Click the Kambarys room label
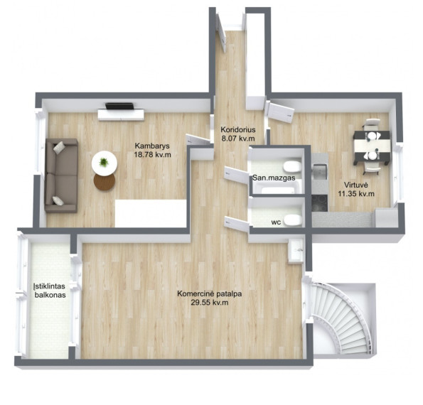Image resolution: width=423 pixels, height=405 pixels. point(152,146)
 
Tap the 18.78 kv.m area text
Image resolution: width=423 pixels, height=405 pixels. point(152,155)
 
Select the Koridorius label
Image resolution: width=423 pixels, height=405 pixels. point(238,130)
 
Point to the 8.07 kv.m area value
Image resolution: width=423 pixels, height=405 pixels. point(238,139)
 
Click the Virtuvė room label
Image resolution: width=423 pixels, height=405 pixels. point(356,185)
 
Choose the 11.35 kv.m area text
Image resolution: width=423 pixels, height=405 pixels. point(356,193)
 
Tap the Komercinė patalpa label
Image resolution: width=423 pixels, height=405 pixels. point(209,293)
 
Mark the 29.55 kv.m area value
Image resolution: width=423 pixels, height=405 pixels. point(210,303)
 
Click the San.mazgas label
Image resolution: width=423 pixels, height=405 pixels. point(274,178)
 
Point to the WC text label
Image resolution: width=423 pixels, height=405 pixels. point(277,222)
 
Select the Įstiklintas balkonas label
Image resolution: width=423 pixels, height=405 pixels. point(50,291)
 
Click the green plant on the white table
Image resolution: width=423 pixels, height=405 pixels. point(104,162)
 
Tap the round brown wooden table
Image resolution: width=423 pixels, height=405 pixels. point(105,181)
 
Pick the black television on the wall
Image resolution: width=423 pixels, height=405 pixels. point(119,106)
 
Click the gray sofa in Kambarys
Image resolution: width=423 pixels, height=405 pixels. point(62,175)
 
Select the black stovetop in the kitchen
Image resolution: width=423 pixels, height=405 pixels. point(320,202)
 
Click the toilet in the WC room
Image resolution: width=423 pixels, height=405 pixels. point(293,220)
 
